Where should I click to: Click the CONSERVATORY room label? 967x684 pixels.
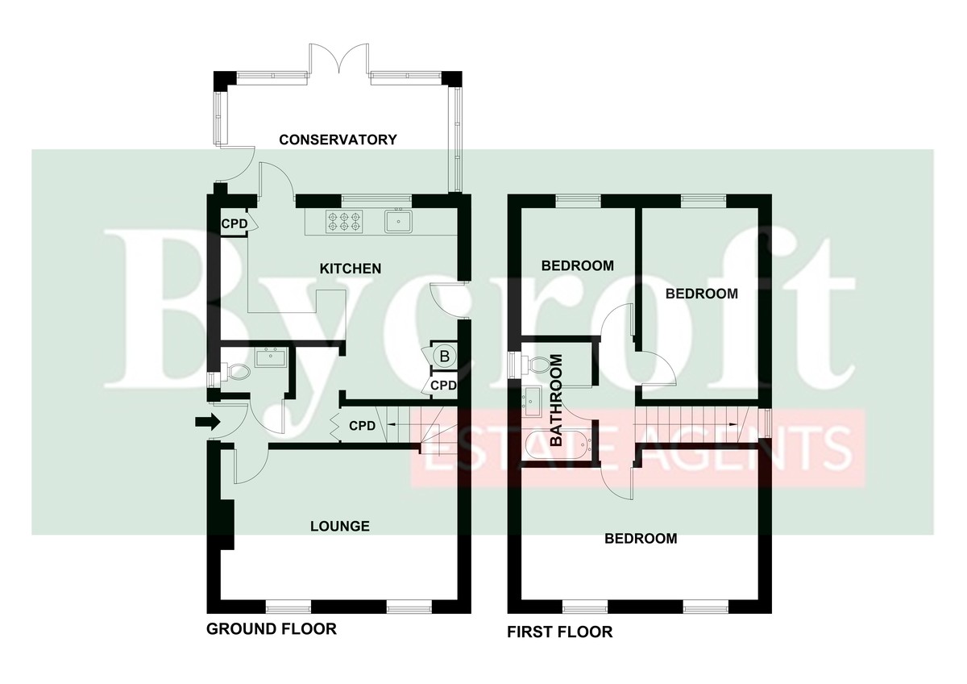pos(338,140)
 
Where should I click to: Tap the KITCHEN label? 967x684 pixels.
pos(350,269)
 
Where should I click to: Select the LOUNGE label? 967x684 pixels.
pos(340,526)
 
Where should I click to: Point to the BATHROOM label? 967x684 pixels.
pos(557,400)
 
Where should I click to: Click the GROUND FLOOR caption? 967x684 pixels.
pos(271,628)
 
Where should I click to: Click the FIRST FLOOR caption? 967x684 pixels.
pos(559,632)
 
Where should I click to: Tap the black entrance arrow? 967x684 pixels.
pos(208,422)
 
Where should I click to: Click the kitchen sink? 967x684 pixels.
pos(398,220)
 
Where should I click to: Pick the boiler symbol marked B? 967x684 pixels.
pos(444,357)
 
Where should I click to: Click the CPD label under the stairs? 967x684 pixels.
pos(362,426)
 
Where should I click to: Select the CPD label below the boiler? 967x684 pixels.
pos(443,385)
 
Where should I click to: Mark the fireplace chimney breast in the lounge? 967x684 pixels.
pos(227,524)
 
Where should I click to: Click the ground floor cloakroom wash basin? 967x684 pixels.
pos(270,358)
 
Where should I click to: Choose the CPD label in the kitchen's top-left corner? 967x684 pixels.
pos(234,223)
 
